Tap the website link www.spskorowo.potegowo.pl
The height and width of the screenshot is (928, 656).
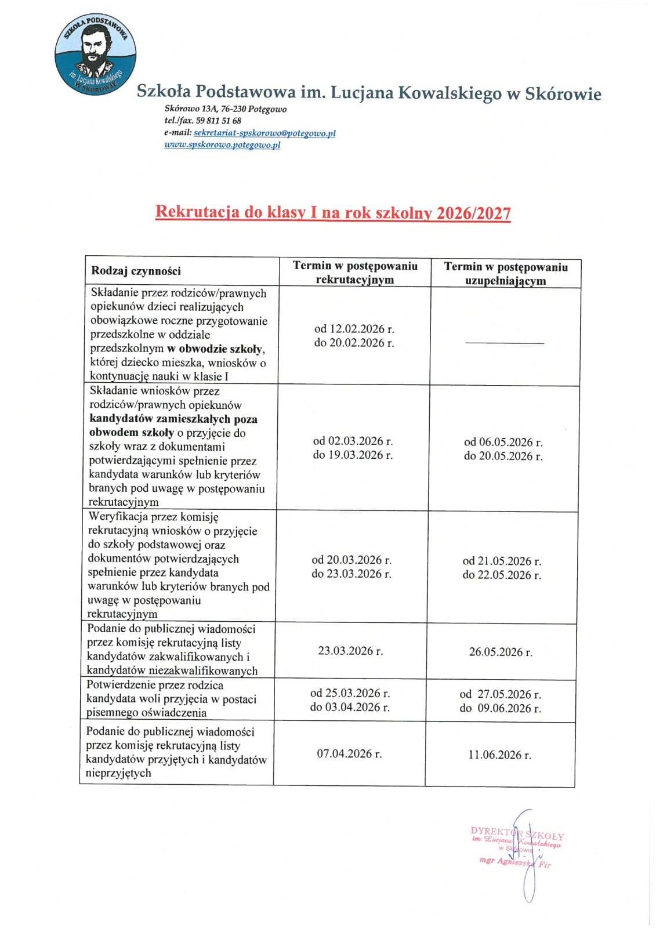click(x=222, y=145)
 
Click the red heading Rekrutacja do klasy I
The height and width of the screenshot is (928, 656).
click(x=333, y=213)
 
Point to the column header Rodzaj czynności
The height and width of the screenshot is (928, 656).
click(x=136, y=271)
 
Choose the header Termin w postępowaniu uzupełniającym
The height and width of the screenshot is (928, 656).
click(x=506, y=273)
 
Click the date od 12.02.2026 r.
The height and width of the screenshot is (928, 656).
click(x=354, y=329)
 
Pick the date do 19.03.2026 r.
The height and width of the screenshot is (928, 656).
click(x=353, y=455)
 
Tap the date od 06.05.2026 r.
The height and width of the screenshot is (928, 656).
click(x=503, y=442)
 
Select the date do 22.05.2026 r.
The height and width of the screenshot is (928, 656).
click(x=502, y=575)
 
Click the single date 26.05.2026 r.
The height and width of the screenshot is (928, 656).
click(x=501, y=652)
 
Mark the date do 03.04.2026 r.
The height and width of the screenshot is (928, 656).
click(x=350, y=707)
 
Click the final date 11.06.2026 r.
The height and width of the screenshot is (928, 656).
click(x=499, y=755)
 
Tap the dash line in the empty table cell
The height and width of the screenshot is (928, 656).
click(x=505, y=343)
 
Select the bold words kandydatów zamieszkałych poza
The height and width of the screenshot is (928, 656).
click(x=173, y=419)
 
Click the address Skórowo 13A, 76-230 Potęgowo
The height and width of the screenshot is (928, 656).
click(x=226, y=109)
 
